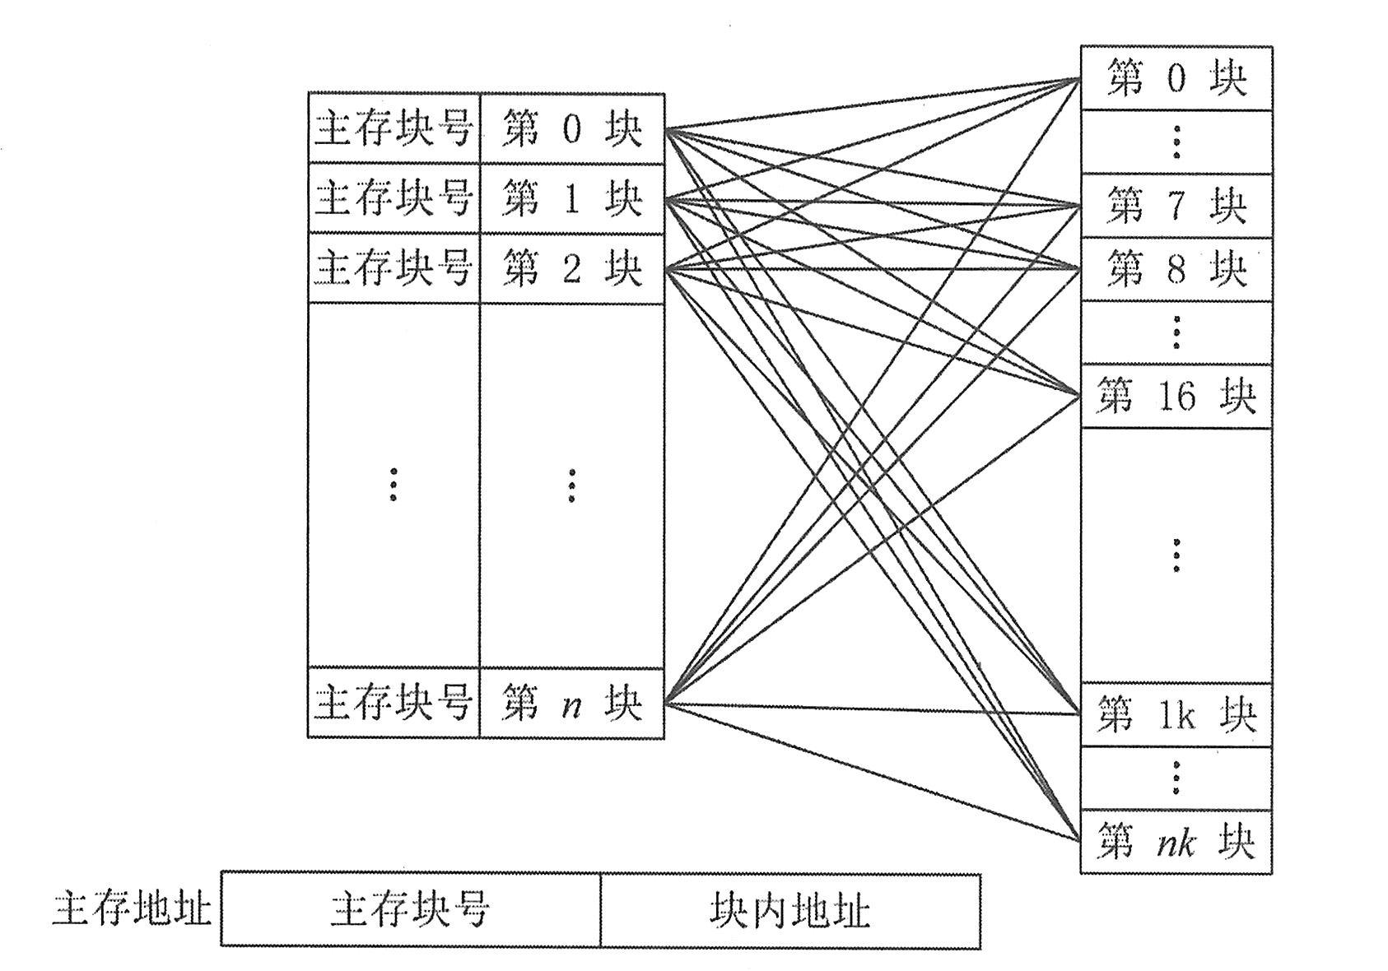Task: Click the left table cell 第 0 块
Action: (x=571, y=129)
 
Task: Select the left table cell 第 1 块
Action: (x=571, y=198)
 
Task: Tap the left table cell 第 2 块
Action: (x=571, y=268)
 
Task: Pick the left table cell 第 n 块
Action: (x=571, y=703)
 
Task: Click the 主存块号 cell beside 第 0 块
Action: (x=394, y=129)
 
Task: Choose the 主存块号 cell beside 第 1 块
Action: (x=394, y=198)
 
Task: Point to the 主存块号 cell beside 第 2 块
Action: (x=394, y=268)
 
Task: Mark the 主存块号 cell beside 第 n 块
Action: (x=394, y=703)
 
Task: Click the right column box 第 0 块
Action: (x=1176, y=78)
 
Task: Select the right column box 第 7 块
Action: (x=1176, y=205)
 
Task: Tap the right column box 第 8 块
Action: (x=1176, y=269)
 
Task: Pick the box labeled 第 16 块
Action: (x=1176, y=396)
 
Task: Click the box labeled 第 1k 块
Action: (x=1176, y=715)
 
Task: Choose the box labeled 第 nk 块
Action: (x=1176, y=842)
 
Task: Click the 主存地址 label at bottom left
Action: (x=132, y=910)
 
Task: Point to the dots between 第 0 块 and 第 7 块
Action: (x=1176, y=142)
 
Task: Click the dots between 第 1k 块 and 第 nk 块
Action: (x=1176, y=778)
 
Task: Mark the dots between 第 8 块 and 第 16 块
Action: (x=1176, y=332)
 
